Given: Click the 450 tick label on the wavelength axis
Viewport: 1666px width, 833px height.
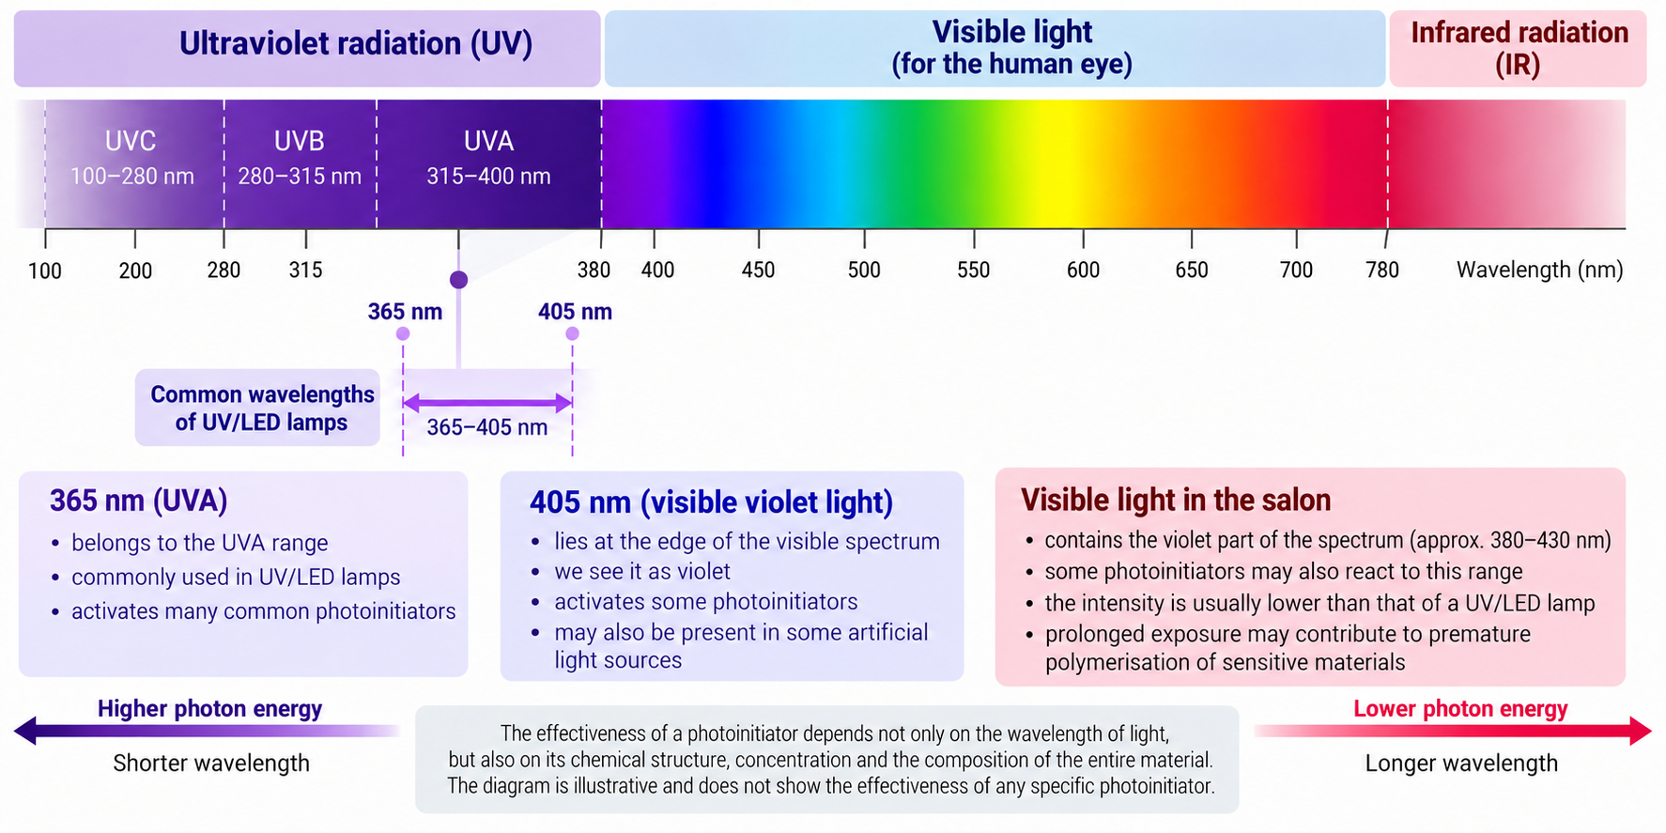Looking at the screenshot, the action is click(x=758, y=270).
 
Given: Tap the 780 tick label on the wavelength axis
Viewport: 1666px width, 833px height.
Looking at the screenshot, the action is click(x=1382, y=270).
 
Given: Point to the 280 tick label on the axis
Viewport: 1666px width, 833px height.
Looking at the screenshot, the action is click(x=224, y=270).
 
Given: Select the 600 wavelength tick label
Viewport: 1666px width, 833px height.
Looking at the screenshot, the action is click(x=1083, y=270).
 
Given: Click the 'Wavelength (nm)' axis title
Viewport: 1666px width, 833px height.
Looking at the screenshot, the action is click(x=1539, y=270).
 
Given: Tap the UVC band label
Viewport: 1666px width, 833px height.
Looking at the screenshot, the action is click(x=131, y=141).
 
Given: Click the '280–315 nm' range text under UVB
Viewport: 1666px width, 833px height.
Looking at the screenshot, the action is click(x=300, y=177).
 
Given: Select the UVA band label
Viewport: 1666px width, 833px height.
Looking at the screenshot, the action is click(x=488, y=141).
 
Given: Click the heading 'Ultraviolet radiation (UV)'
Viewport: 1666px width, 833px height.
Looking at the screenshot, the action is click(x=356, y=44).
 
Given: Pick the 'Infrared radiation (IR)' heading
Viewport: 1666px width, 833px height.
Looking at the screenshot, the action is click(x=1519, y=48).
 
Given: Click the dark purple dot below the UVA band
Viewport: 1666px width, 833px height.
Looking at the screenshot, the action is click(x=458, y=280).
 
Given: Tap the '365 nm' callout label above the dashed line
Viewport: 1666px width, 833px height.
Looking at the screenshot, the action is click(x=405, y=312).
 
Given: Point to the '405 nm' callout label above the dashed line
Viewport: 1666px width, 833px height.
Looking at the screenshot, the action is click(x=575, y=312).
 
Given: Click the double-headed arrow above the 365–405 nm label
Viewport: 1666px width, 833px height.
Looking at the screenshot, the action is click(x=487, y=404).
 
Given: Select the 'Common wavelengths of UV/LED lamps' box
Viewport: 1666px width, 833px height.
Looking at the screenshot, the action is click(x=257, y=408).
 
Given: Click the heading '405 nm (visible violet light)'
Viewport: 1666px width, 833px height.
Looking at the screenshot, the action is click(x=711, y=502).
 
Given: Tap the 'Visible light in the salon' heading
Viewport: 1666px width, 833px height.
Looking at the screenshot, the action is click(x=1176, y=501).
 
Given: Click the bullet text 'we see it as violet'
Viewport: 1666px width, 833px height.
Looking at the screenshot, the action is click(x=642, y=572).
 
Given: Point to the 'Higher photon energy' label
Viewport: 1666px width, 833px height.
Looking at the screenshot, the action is click(x=209, y=709).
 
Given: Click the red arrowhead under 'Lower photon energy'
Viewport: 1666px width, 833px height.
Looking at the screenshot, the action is click(x=1641, y=731).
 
